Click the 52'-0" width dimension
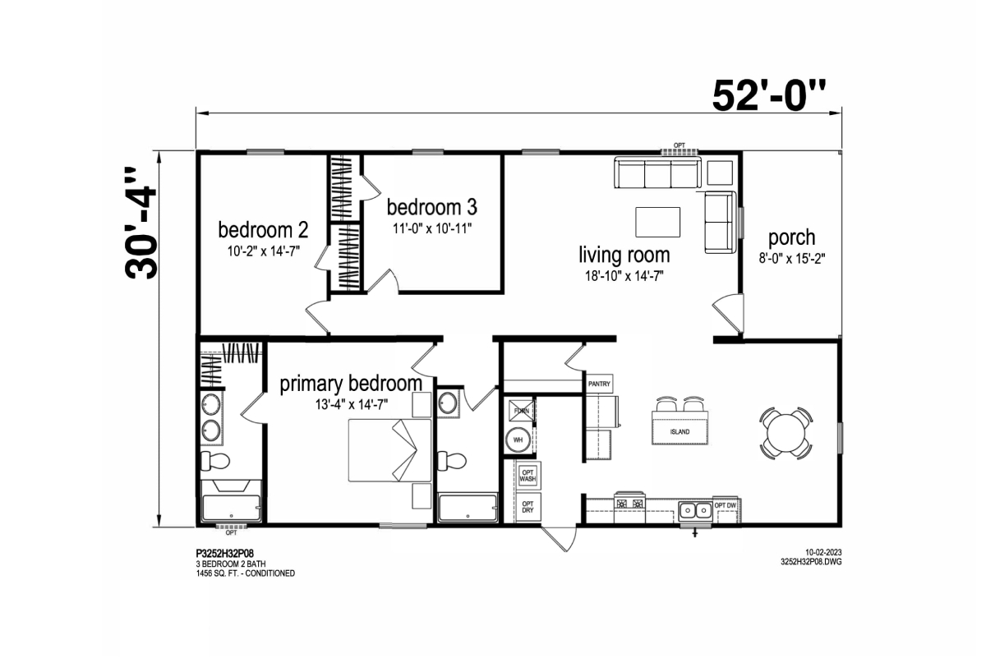click(x=768, y=96)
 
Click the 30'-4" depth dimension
click(x=141, y=223)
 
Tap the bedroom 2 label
click(x=263, y=230)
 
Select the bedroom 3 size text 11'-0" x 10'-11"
click(x=432, y=228)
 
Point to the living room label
click(x=624, y=255)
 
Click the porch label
click(x=791, y=238)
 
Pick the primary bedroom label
click(x=351, y=384)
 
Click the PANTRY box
click(x=599, y=384)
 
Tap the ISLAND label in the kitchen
click(x=680, y=432)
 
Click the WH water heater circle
click(x=518, y=440)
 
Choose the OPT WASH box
click(x=528, y=476)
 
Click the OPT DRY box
click(x=528, y=507)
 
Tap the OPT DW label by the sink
click(x=725, y=506)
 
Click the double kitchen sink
click(x=695, y=510)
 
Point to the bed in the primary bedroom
click(x=389, y=450)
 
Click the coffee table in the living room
click(x=657, y=222)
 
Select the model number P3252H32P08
click(x=225, y=554)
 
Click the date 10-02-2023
click(x=823, y=552)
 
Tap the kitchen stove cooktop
click(x=629, y=502)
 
